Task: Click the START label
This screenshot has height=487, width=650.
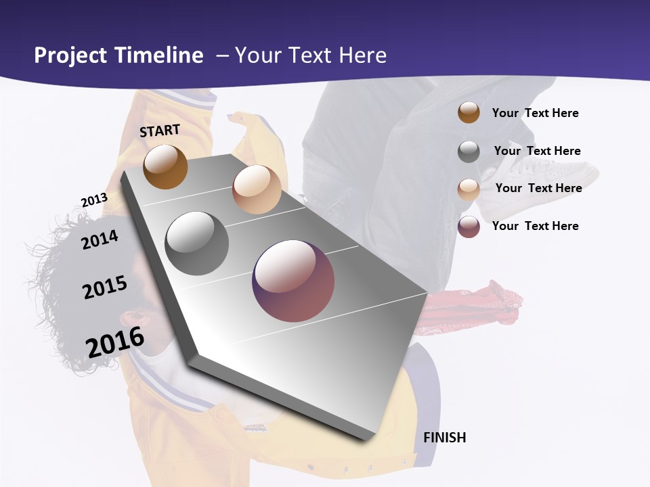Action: (x=160, y=131)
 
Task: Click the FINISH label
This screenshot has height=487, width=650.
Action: (x=445, y=438)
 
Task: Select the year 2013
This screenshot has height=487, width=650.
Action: (x=94, y=200)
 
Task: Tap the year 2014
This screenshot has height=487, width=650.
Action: (x=100, y=239)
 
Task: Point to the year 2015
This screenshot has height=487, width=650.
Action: (x=105, y=287)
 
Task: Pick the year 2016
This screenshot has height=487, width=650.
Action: (x=115, y=342)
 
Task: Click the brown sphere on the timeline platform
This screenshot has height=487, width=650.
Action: (x=165, y=166)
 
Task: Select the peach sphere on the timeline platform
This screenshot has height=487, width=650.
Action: (x=257, y=189)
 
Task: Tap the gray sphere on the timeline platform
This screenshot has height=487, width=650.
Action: (x=197, y=243)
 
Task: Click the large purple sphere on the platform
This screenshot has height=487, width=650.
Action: (x=293, y=281)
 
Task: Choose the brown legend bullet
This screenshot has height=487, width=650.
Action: (x=469, y=112)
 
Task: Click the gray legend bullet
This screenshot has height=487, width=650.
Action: (x=469, y=152)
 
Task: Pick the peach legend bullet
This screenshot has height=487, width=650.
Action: (x=469, y=189)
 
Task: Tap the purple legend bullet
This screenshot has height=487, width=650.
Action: (x=469, y=227)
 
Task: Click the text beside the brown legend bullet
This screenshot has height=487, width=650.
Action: (x=535, y=113)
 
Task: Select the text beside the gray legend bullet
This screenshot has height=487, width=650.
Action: (x=537, y=151)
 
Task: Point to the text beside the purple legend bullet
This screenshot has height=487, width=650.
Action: (x=535, y=226)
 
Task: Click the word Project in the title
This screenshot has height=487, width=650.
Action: (x=70, y=55)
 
